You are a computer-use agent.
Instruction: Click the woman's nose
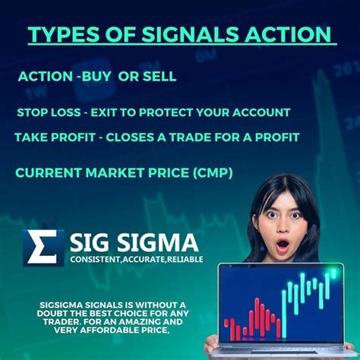click(283, 229)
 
